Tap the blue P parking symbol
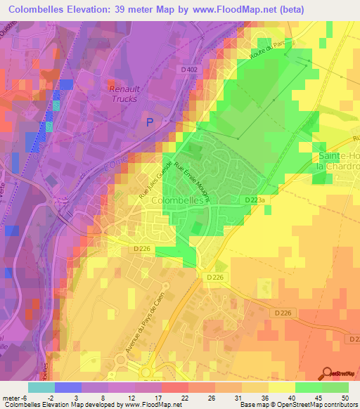pyautogui.click(x=149, y=122)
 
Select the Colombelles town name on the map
pyautogui.click(x=170, y=200)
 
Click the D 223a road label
pyautogui.click(x=256, y=200)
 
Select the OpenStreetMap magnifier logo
pyautogui.click(x=327, y=372)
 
